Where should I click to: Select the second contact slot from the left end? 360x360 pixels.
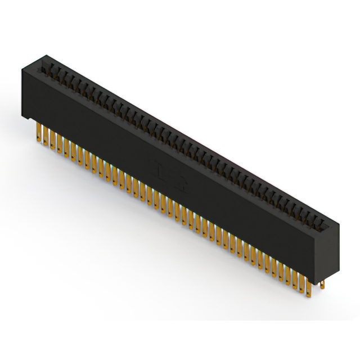pos(49,70)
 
